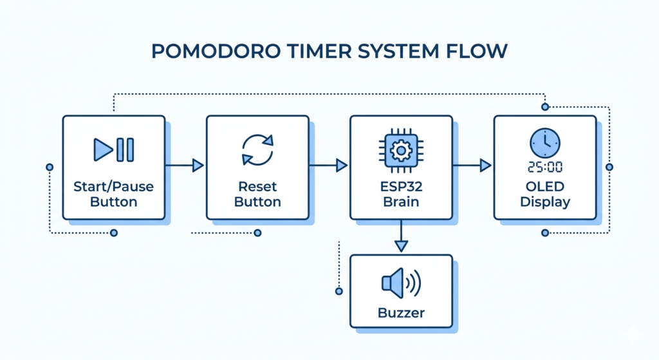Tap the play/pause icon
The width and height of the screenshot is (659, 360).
coord(114,149)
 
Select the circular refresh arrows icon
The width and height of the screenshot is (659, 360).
coord(257,149)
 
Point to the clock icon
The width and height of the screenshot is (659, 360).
coord(544,142)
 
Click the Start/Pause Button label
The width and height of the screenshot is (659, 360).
coord(114,194)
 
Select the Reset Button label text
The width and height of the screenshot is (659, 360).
coord(257,194)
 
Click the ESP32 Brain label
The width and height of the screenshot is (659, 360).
coord(401,194)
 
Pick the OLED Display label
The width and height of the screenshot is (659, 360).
coord(545,194)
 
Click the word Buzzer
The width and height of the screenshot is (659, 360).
coord(401,314)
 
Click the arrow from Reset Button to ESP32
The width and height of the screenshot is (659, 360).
coord(329,166)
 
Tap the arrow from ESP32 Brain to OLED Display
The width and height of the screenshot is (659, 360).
coord(472,166)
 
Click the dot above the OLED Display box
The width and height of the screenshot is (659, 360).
coord(545,106)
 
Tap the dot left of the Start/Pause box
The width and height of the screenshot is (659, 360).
coord(50,167)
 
